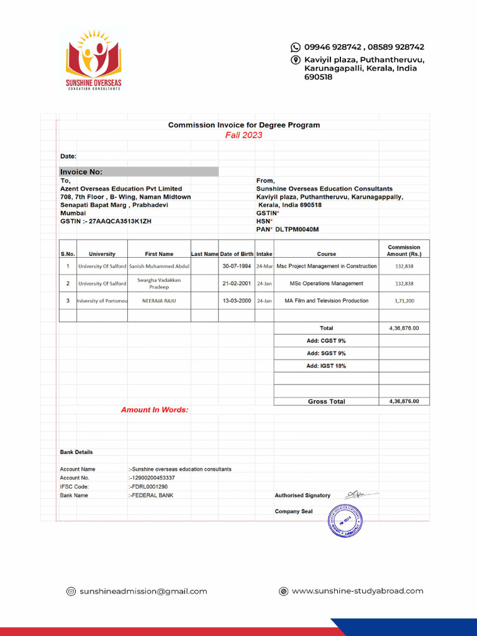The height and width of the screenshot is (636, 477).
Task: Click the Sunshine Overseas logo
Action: (x=94, y=60)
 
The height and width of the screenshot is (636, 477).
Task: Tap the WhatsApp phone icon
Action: (x=296, y=47)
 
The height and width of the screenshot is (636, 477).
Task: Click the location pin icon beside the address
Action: (x=296, y=60)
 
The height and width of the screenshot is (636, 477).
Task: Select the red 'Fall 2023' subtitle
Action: (x=243, y=135)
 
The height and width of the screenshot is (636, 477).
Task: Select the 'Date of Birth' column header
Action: (x=237, y=254)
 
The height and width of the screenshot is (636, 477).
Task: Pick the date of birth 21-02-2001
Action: (x=237, y=284)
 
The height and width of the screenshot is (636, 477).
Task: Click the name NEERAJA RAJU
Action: (x=159, y=301)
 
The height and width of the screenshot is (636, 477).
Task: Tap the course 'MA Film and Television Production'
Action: (x=326, y=301)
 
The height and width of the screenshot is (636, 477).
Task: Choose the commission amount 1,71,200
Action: (x=404, y=301)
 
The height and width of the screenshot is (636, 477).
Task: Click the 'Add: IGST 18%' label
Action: (x=326, y=366)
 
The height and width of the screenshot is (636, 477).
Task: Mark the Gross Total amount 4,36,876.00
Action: (x=404, y=401)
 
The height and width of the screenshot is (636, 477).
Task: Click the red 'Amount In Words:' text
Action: (x=155, y=410)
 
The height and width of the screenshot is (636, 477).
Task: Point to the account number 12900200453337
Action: (x=152, y=478)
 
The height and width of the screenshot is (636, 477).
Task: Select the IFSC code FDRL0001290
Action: (x=148, y=487)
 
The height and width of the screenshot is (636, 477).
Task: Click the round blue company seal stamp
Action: (x=345, y=520)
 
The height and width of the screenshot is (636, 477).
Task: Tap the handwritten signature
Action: (x=360, y=494)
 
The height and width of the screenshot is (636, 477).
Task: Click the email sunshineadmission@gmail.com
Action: (x=143, y=591)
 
